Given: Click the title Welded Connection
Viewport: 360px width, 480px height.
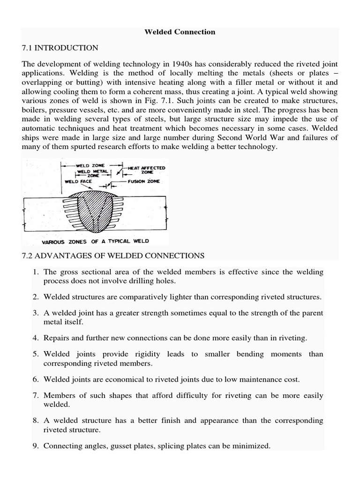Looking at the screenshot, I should coord(180,32).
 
